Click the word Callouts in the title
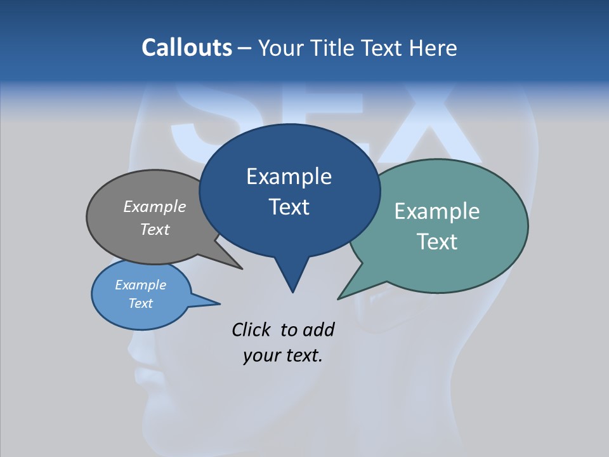click(187, 48)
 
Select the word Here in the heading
click(434, 48)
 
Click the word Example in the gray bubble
click(155, 206)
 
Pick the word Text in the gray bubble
click(155, 229)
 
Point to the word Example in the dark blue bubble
click(289, 176)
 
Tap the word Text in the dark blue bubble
click(289, 206)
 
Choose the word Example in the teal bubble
click(437, 211)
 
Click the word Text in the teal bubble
click(437, 241)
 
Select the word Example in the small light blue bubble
click(140, 285)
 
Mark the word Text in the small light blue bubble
click(140, 303)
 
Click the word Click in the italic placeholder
click(251, 329)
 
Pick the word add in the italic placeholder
click(318, 329)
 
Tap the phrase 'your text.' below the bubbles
click(282, 355)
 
